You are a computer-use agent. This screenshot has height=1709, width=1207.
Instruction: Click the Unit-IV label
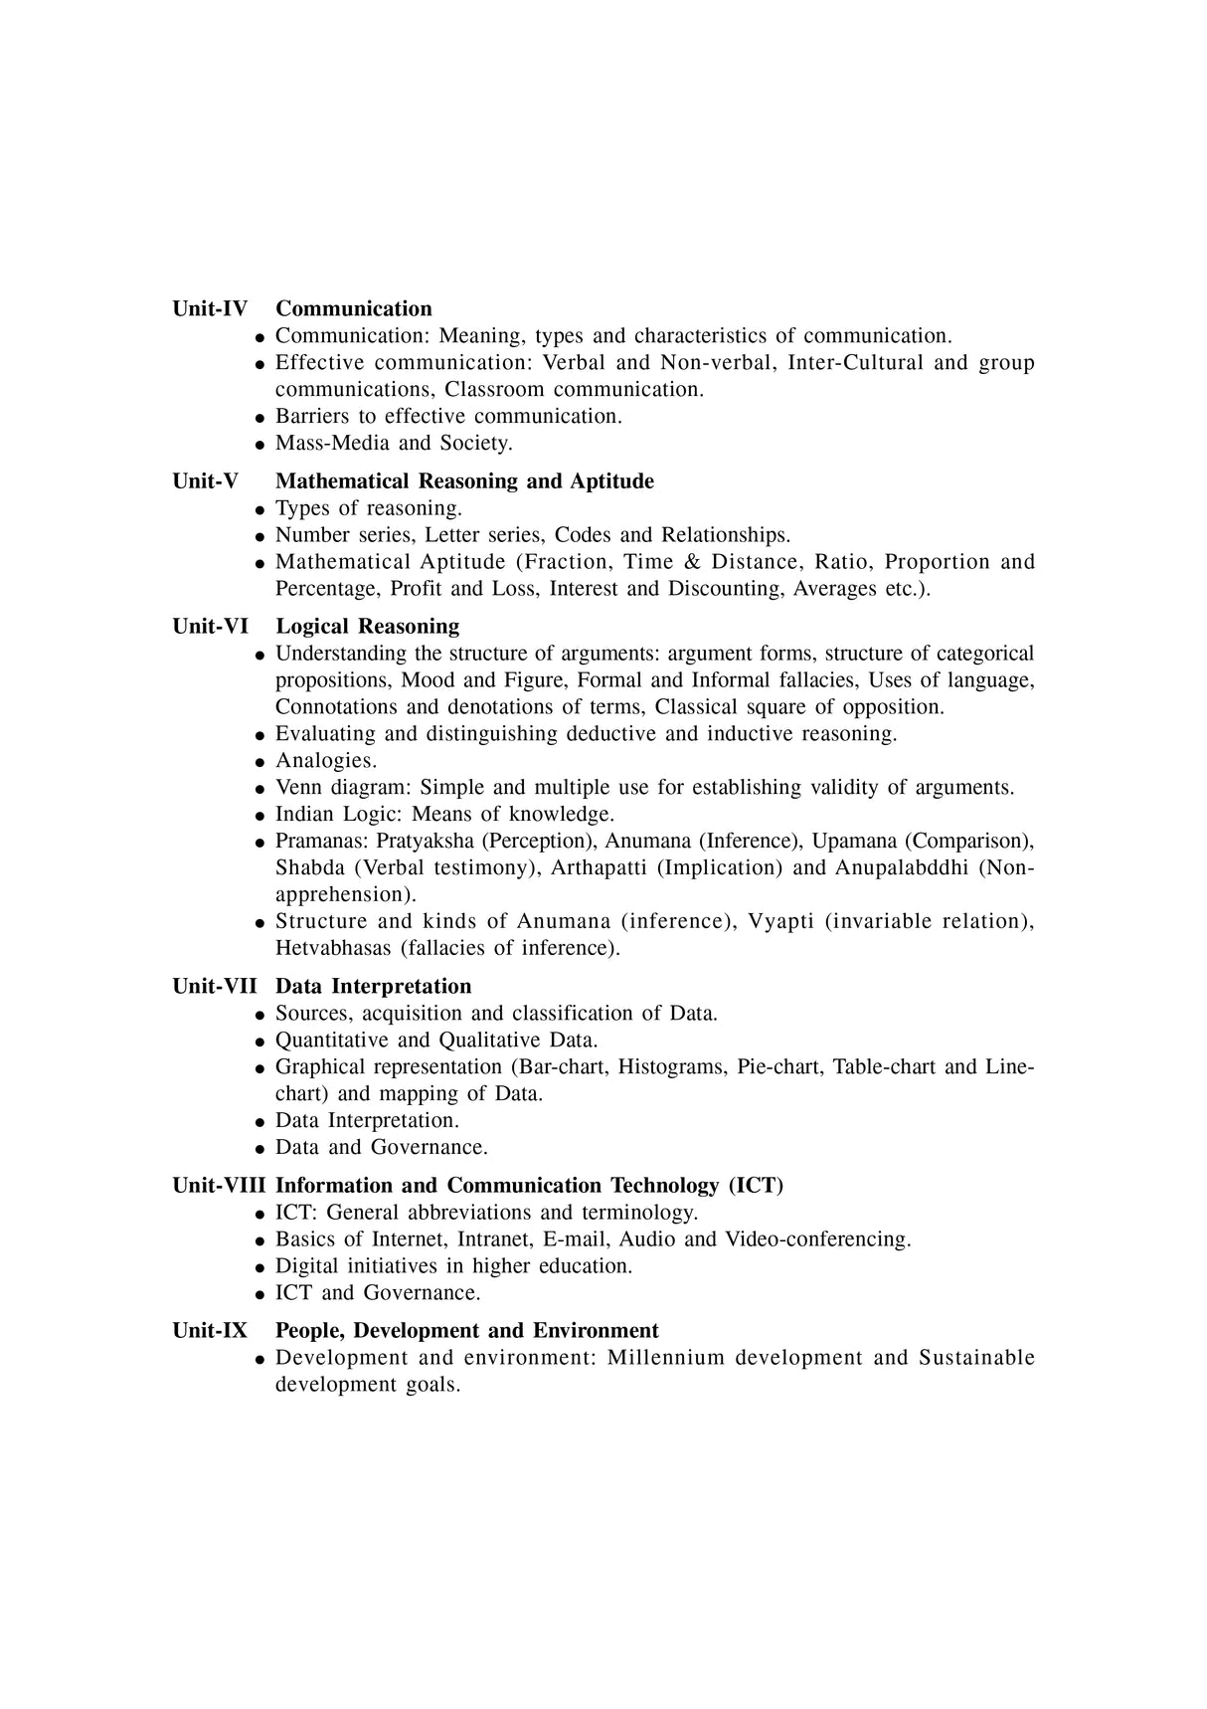point(210,308)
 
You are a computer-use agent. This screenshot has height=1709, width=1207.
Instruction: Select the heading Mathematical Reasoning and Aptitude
point(464,481)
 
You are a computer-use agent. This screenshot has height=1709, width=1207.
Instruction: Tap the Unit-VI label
point(211,627)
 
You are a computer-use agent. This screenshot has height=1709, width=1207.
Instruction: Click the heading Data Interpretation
point(373,987)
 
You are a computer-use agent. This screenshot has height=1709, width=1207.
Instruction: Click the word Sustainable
point(976,1358)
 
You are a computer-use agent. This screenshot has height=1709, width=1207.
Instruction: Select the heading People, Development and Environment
point(466,1331)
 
